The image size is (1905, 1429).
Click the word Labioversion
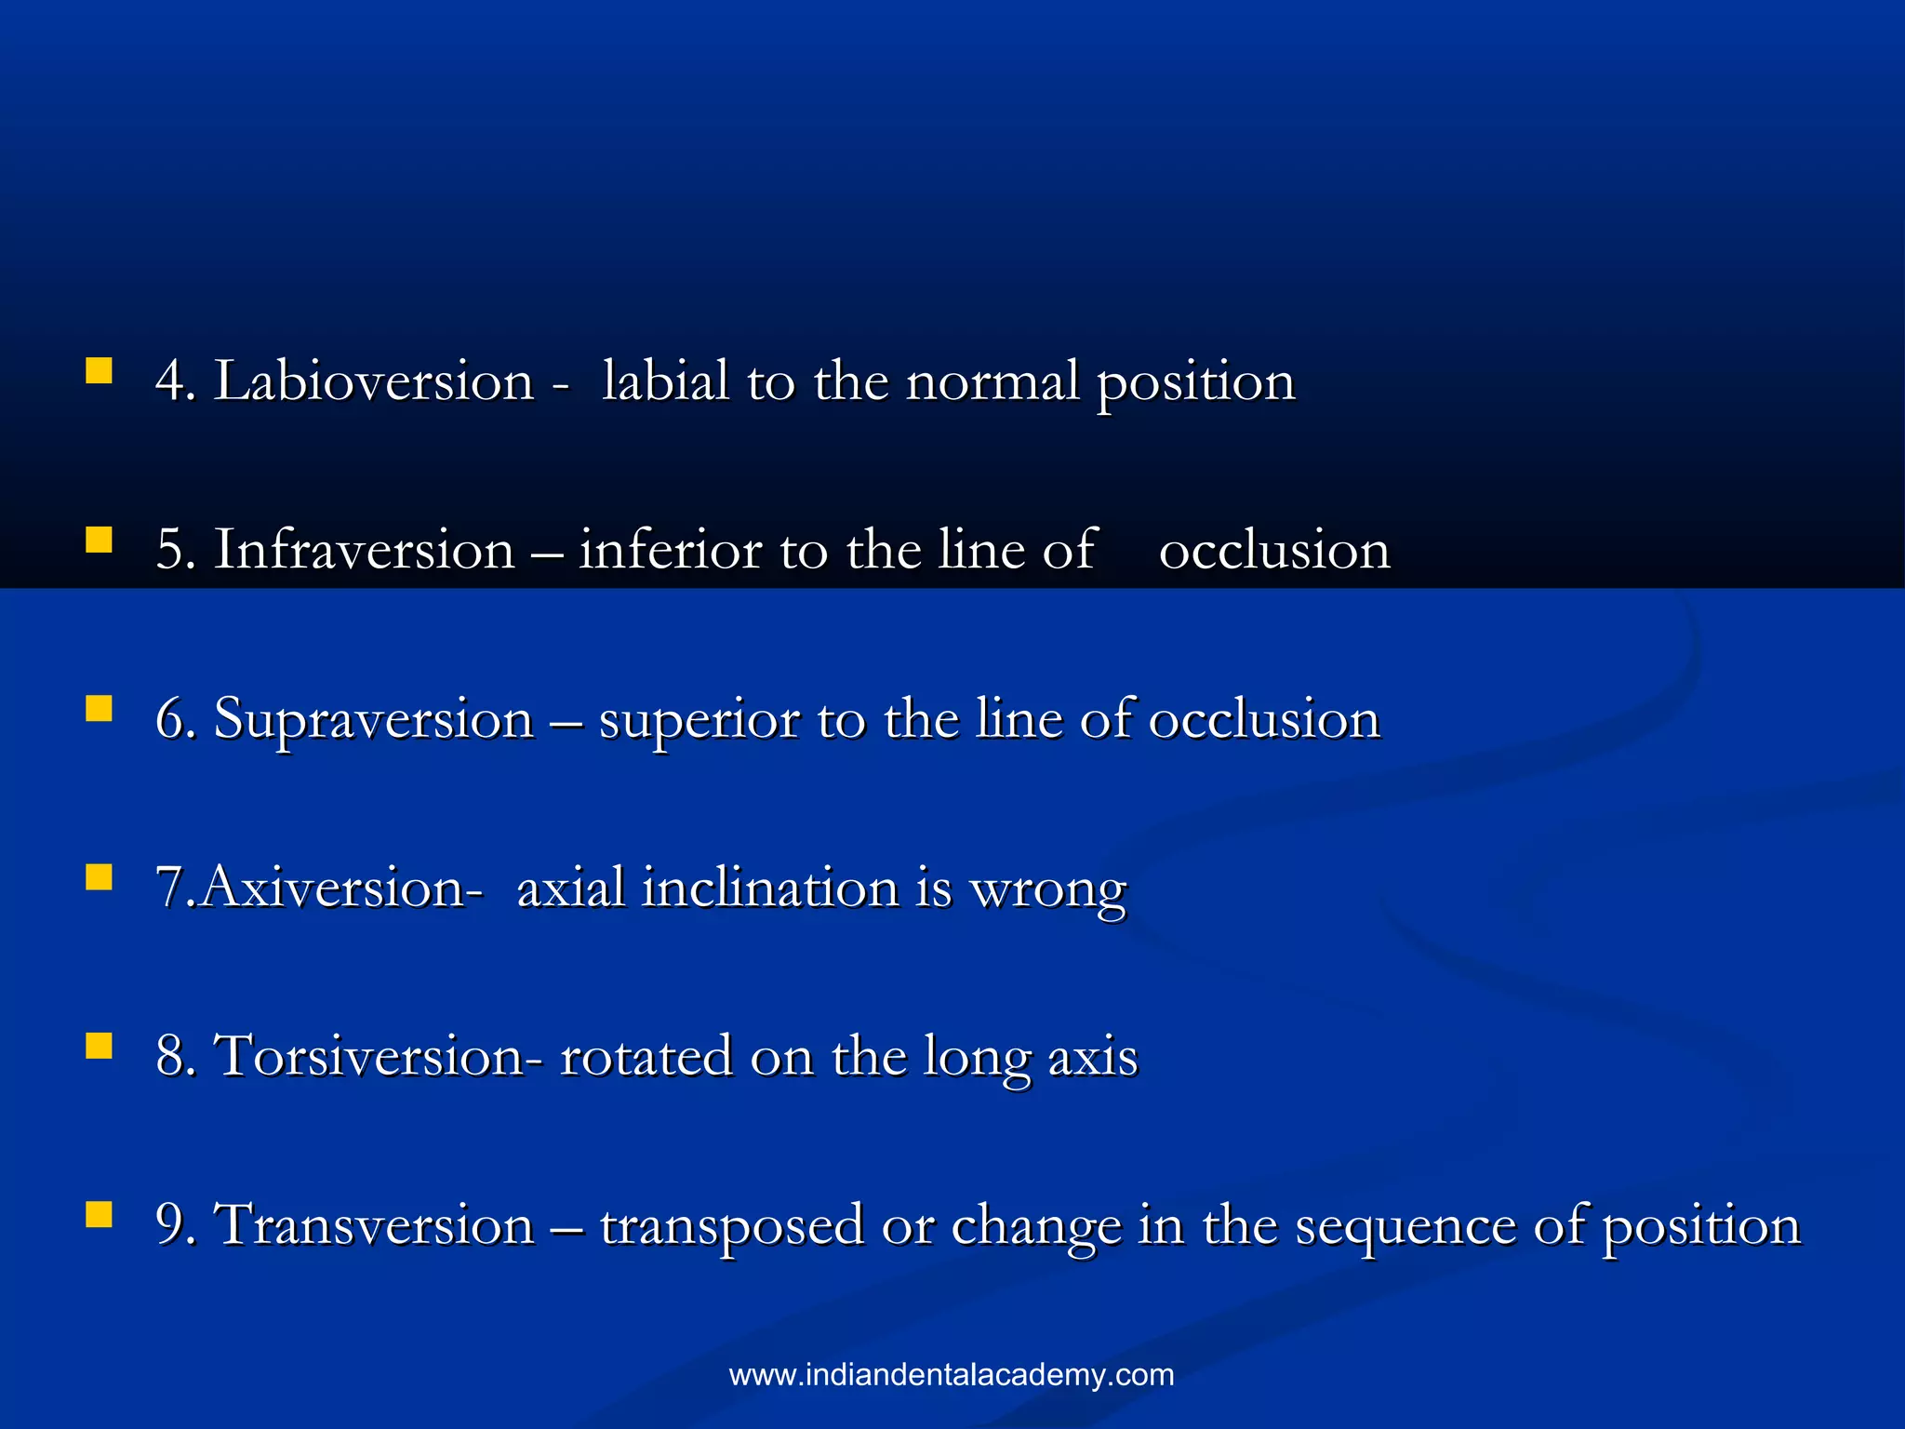point(374,381)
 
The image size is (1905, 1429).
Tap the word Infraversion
point(364,550)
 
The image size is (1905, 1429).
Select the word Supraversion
point(374,719)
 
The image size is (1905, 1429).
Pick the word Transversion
point(374,1224)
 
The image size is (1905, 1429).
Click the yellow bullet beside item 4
point(99,372)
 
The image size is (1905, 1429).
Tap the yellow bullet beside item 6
point(99,709)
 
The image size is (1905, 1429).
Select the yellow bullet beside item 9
point(99,1214)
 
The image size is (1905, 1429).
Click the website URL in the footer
point(952,1375)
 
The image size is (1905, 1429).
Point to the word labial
point(664,381)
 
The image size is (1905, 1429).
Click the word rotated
point(646,1057)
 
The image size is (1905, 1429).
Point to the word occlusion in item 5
point(1274,550)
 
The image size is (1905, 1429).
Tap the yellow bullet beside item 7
point(99,877)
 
